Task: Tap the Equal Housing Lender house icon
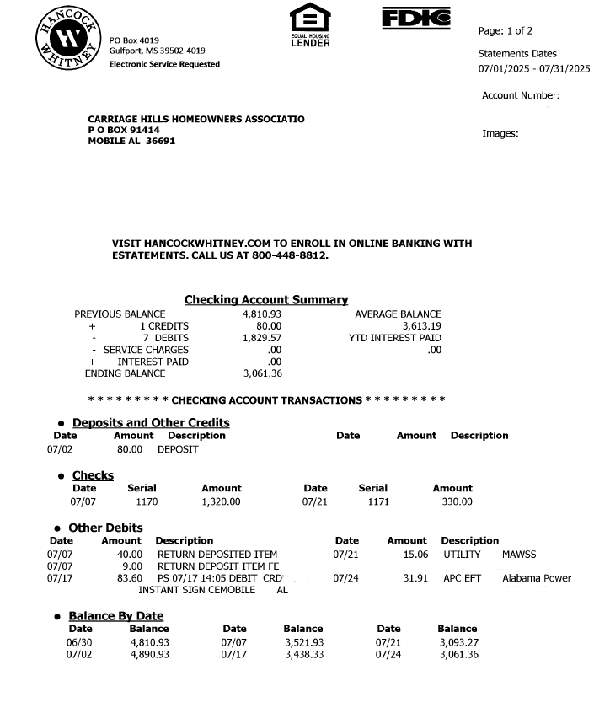click(309, 19)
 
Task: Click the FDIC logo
click(415, 18)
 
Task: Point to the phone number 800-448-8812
click(290, 255)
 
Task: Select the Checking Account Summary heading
click(265, 300)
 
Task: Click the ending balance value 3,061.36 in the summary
click(262, 373)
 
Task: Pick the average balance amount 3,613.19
click(422, 326)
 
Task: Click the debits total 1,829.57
click(262, 338)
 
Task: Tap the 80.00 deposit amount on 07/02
click(130, 449)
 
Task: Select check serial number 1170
click(147, 501)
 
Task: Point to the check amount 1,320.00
click(221, 501)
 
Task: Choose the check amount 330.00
click(458, 501)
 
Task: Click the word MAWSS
click(519, 555)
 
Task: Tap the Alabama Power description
click(537, 578)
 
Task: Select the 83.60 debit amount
click(129, 578)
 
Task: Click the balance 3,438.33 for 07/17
click(304, 653)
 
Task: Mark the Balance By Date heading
click(115, 616)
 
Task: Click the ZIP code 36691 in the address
click(160, 142)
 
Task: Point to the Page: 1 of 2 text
click(506, 31)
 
